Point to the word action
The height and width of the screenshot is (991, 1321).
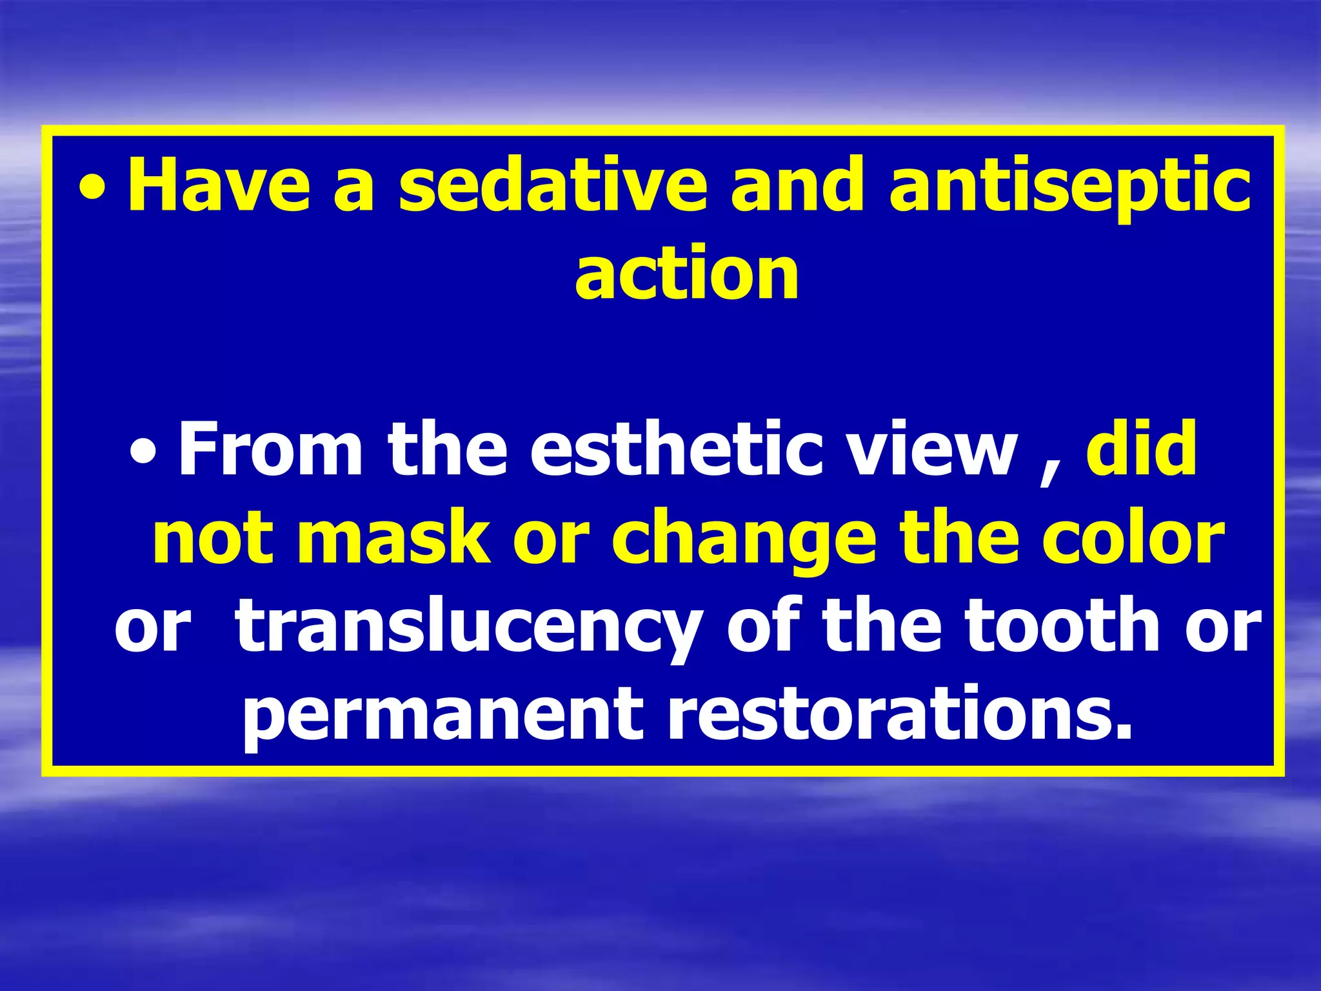point(686,275)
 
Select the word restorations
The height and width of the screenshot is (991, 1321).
point(899,714)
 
